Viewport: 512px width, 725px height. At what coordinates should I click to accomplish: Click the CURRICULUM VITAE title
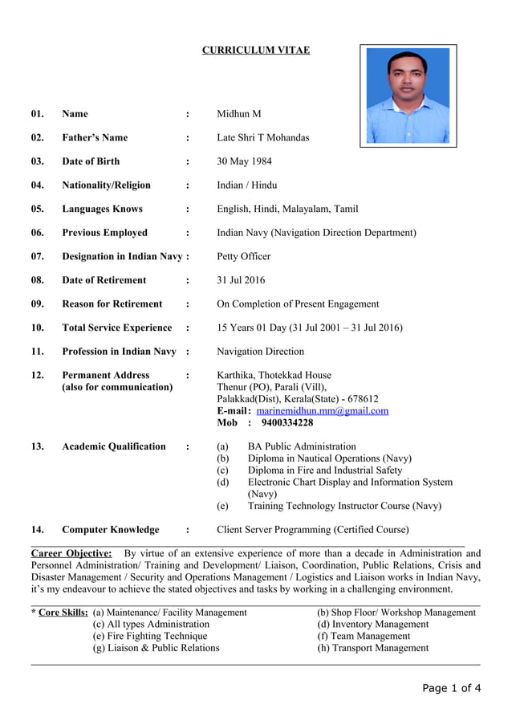point(255,51)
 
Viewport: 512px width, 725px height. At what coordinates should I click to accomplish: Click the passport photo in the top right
point(408,95)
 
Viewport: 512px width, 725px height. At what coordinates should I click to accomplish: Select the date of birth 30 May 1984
point(244,161)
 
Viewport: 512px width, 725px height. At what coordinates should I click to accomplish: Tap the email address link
point(322,410)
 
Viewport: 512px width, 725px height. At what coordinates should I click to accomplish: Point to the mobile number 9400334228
point(286,422)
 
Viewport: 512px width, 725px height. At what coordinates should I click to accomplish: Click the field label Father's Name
point(95,137)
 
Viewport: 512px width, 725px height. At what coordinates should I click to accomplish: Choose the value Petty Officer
point(244,256)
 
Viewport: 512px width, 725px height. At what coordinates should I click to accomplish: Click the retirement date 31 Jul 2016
point(241,280)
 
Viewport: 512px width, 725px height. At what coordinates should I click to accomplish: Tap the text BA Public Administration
point(302,446)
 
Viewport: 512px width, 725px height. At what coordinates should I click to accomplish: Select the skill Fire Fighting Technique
point(150,636)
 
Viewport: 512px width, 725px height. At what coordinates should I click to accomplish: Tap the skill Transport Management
point(373,648)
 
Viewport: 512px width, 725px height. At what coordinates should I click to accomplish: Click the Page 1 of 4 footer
point(452,688)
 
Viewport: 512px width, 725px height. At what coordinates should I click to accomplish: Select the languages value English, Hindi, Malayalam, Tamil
point(287,209)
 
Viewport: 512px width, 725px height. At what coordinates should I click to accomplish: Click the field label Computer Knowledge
point(111,529)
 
